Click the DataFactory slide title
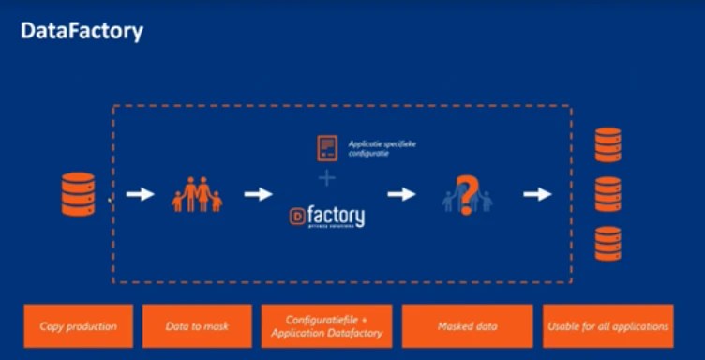pos(82,31)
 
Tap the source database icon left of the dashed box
pos(77,195)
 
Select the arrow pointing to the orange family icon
pos(140,194)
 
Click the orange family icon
pos(197,195)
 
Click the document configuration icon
pos(327,148)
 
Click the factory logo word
pos(336,217)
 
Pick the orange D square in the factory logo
pos(297,217)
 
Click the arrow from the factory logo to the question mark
pos(401,194)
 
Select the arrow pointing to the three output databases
pos(537,194)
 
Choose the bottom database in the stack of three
pos(608,243)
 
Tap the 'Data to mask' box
pos(197,326)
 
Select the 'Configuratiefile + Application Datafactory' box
pos(326,326)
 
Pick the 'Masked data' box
pos(467,326)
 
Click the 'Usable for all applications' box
pos(607,326)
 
